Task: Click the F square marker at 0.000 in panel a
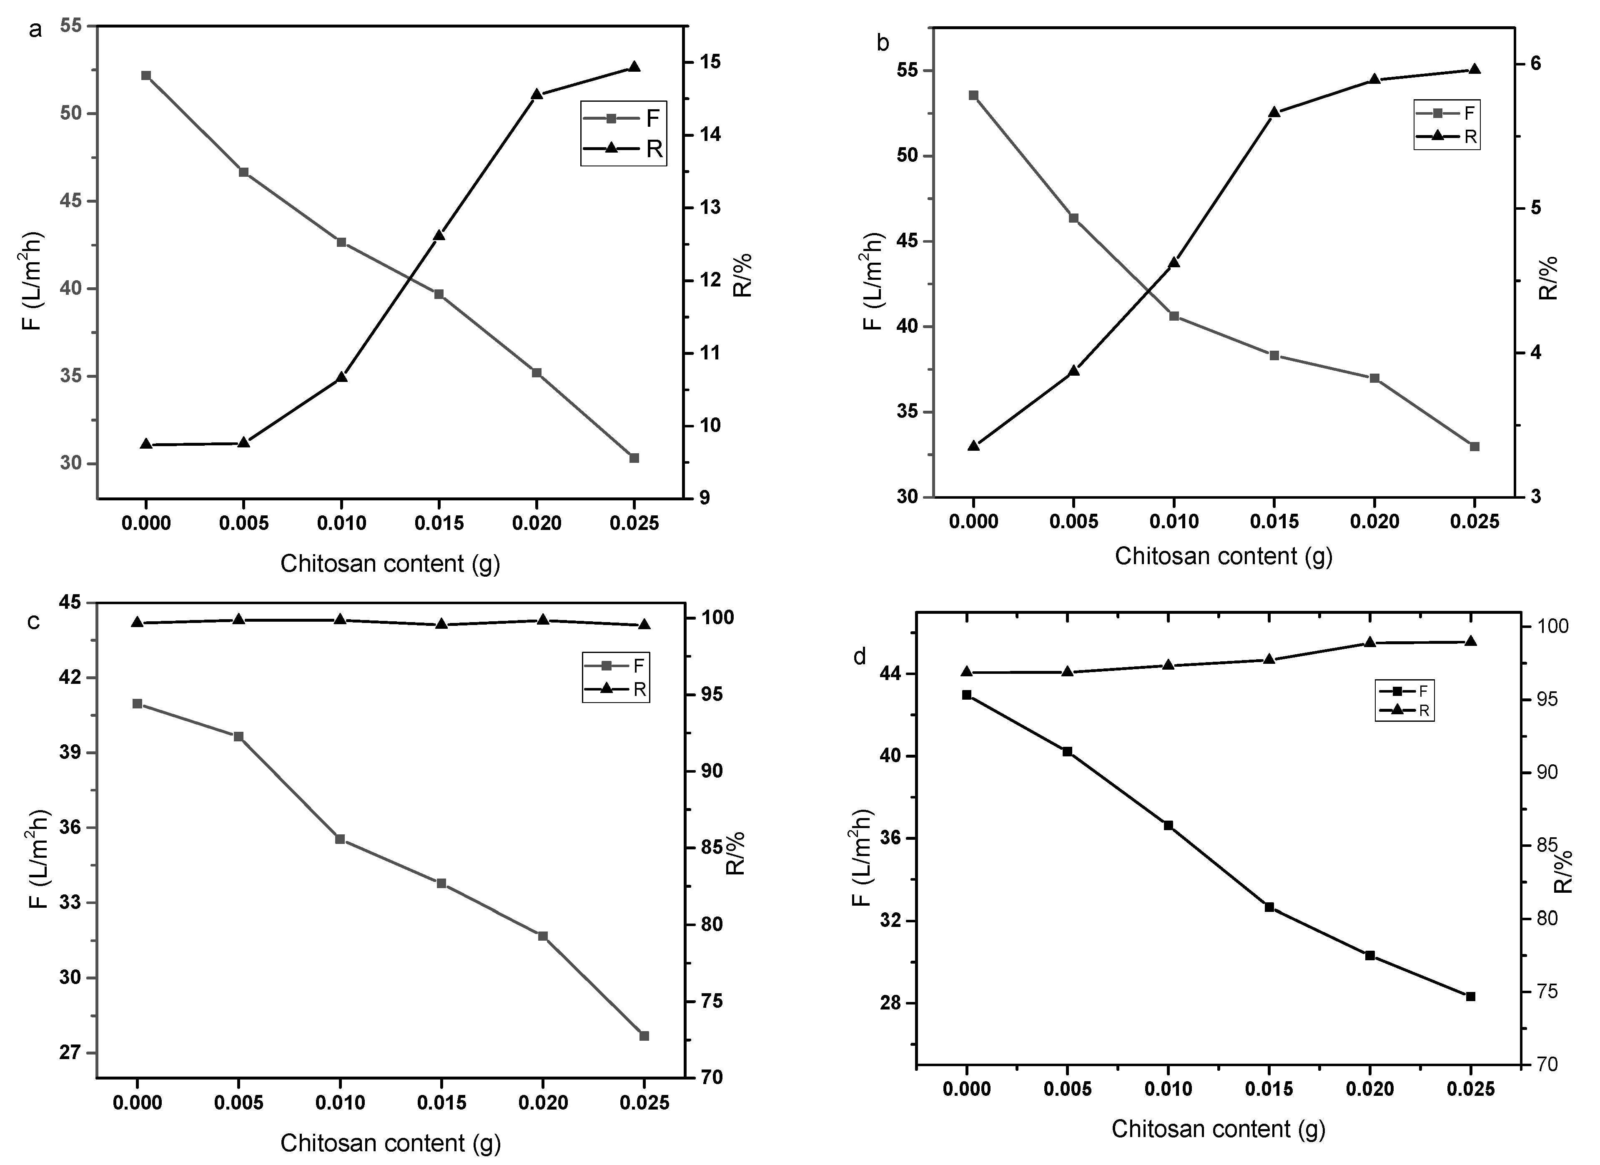pyautogui.click(x=146, y=75)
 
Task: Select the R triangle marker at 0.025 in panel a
pyautogui.click(x=634, y=67)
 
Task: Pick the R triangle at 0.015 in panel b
pyautogui.click(x=1274, y=112)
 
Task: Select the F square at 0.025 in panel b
pyautogui.click(x=1474, y=447)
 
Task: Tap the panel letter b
pyautogui.click(x=883, y=43)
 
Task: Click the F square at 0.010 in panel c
pyautogui.click(x=340, y=839)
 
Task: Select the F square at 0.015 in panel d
pyautogui.click(x=1269, y=907)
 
